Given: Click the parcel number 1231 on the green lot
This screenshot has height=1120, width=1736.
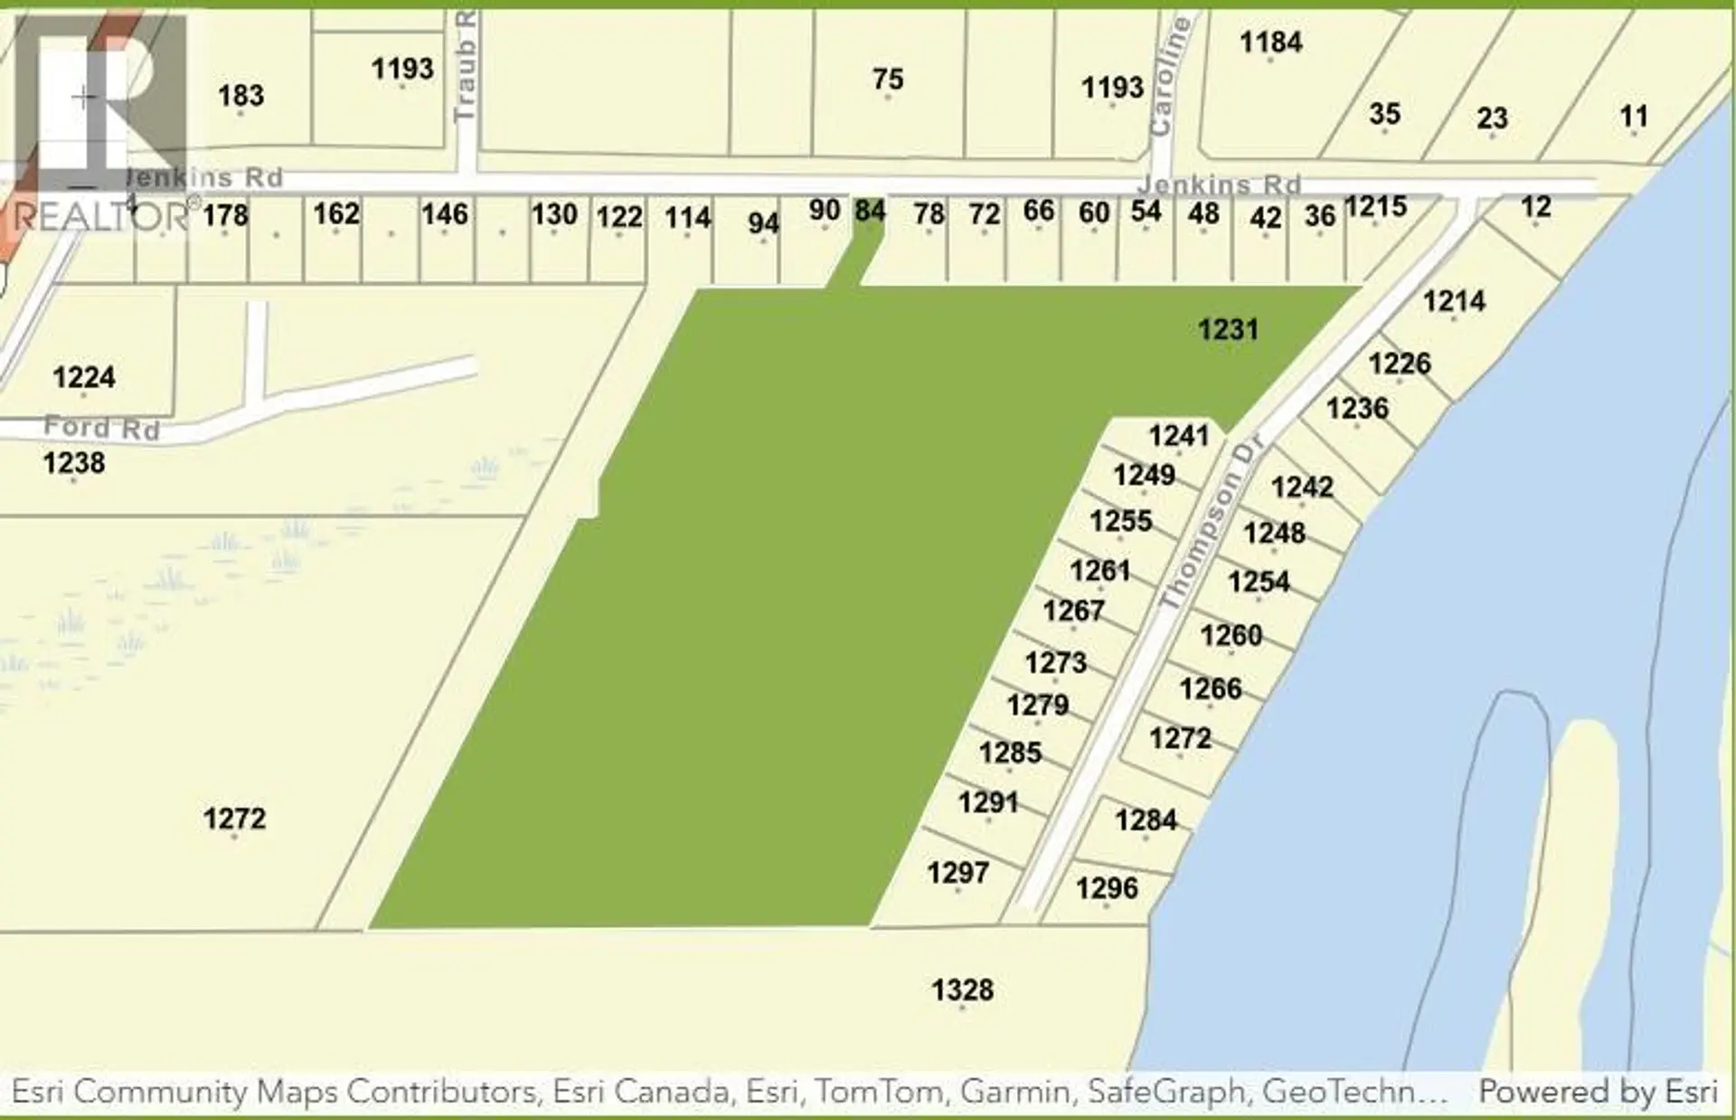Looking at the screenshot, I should (x=1228, y=329).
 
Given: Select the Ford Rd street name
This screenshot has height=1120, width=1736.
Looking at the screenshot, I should (x=101, y=427).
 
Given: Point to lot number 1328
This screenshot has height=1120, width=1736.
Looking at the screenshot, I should (x=962, y=990).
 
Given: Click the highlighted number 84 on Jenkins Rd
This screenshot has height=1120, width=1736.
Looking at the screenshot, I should (x=870, y=211).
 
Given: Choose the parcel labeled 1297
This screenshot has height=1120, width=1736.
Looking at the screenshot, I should (x=958, y=872).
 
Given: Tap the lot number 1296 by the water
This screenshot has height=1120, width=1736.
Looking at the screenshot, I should (x=1107, y=888).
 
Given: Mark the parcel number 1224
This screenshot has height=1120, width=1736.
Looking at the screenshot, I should (x=83, y=377).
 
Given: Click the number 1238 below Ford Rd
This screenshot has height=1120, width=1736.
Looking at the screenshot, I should (x=74, y=463).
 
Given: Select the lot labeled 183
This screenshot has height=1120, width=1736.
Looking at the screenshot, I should (x=241, y=95).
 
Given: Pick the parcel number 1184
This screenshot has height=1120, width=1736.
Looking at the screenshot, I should (x=1270, y=42).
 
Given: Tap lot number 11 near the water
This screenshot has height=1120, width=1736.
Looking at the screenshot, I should (x=1633, y=116).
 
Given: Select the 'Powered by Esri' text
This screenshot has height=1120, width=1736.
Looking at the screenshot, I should (x=1598, y=1092).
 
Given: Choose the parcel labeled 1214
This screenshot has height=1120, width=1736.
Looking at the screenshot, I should (x=1454, y=300).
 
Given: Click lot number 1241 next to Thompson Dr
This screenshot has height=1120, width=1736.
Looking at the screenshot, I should (x=1178, y=436).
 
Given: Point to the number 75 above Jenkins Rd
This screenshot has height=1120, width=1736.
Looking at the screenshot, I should (x=888, y=80).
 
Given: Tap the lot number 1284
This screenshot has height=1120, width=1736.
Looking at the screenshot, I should (x=1146, y=821).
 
